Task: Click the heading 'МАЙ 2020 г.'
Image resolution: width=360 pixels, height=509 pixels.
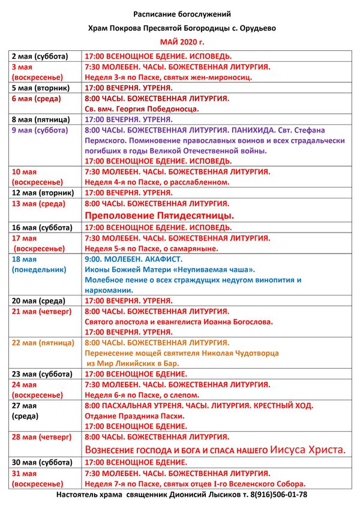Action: pyautogui.click(x=182, y=42)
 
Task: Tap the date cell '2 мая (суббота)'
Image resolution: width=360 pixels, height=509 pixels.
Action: pyautogui.click(x=41, y=56)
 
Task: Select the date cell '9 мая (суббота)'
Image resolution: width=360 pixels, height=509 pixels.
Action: pyautogui.click(x=41, y=129)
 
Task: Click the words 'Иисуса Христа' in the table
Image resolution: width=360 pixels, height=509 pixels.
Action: pyautogui.click(x=308, y=448)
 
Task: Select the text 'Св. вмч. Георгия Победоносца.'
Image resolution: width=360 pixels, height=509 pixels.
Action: pyautogui.click(x=142, y=109)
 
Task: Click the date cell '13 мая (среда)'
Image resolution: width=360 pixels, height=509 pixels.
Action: pyautogui.click(x=37, y=204)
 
